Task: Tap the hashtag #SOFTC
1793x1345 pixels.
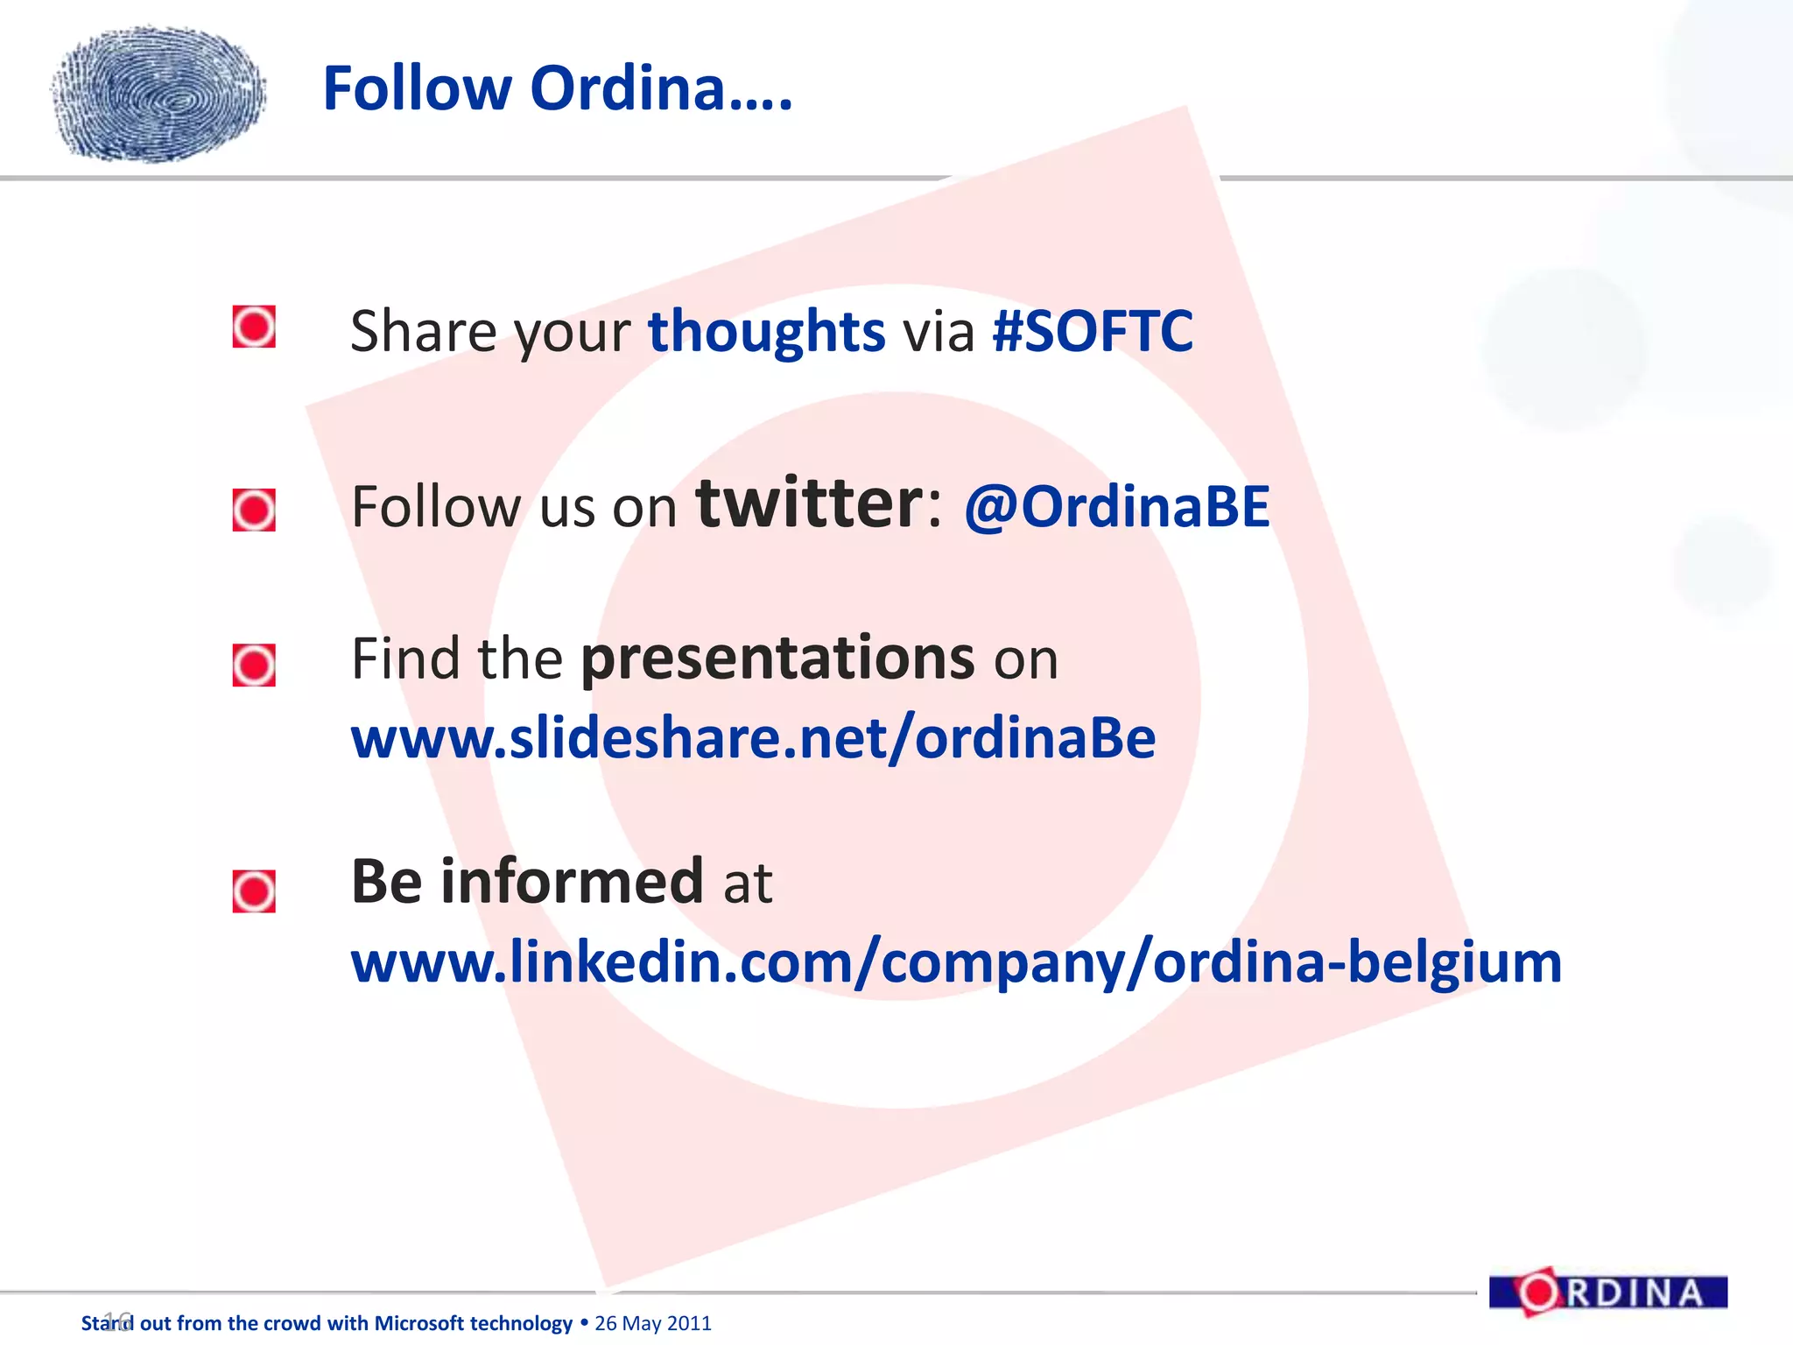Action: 1092,331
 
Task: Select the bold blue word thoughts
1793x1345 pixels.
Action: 766,331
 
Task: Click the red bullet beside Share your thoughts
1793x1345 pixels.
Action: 254,327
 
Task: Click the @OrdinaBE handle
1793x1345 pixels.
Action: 1116,507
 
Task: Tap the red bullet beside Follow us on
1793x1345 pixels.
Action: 254,510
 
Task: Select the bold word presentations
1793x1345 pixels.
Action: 777,658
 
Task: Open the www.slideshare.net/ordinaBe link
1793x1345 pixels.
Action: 753,738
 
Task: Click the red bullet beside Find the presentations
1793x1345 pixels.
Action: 254,665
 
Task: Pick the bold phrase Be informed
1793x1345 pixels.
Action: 527,881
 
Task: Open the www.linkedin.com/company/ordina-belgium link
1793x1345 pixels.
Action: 956,961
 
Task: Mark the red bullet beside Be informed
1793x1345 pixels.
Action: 254,891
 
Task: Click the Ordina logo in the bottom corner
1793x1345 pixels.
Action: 1607,1292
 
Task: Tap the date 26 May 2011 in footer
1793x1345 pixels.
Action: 653,1323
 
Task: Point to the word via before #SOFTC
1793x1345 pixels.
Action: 939,333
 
